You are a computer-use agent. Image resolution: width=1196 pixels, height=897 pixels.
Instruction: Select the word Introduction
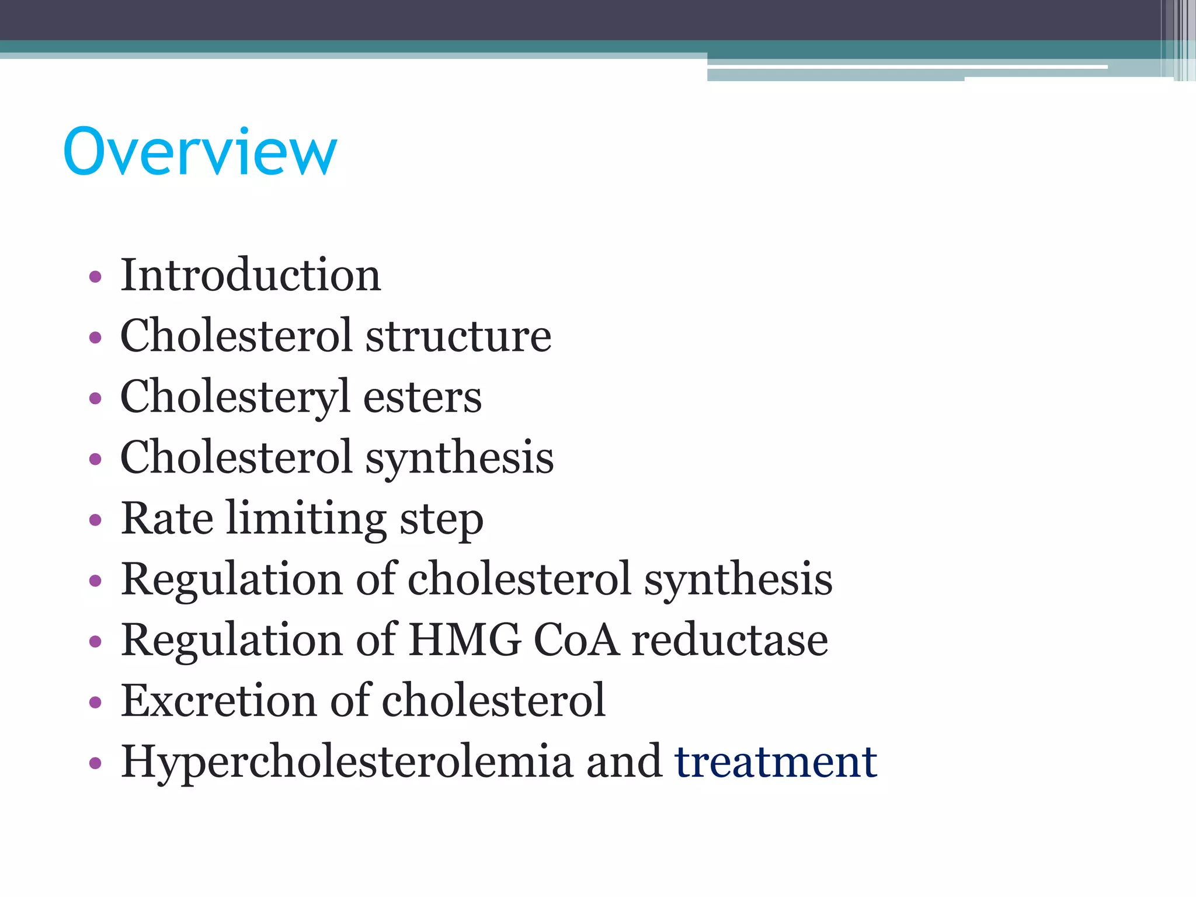251,275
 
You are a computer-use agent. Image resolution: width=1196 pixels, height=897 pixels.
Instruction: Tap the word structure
458,336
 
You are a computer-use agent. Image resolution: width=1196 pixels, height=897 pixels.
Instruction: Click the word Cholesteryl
235,398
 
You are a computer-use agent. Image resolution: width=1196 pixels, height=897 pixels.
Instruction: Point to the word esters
422,398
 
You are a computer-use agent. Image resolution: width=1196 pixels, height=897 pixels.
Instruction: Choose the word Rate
167,519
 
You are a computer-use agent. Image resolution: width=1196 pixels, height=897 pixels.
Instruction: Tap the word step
441,520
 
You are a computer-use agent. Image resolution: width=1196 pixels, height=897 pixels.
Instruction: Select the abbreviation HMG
464,640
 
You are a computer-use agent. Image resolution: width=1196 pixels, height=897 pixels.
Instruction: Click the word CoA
576,640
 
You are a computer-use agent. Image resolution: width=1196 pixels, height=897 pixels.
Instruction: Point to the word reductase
730,640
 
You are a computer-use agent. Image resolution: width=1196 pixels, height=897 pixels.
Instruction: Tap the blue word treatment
776,763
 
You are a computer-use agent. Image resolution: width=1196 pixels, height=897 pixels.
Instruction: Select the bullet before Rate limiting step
95,520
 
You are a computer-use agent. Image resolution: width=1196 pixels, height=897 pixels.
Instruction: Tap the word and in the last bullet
624,763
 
